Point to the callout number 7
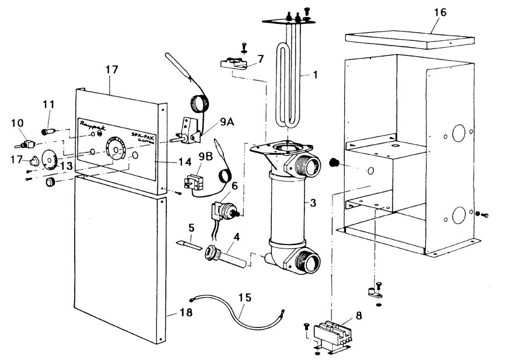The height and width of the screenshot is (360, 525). (x=260, y=58)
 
